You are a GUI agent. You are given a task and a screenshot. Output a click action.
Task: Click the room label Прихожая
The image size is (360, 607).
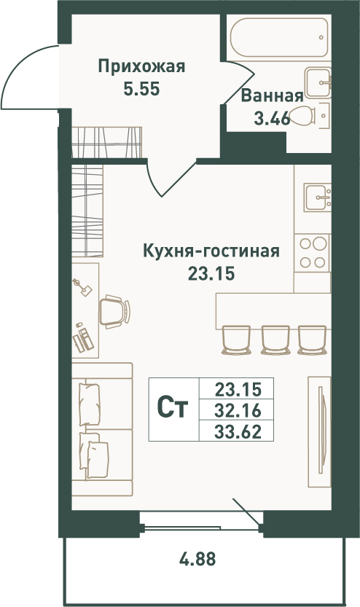pos(141,67)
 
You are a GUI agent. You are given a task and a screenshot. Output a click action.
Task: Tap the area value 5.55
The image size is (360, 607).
pos(141,90)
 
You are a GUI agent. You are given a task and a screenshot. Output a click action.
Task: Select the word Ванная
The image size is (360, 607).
pos(272,95)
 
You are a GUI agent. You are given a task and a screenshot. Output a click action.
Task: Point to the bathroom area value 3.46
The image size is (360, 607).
pos(272,119)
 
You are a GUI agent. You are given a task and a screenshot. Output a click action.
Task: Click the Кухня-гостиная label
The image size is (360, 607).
pos(211,251)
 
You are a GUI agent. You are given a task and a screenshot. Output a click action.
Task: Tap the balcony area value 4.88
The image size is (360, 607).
pos(197,559)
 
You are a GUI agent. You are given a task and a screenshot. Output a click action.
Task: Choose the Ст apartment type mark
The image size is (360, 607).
pos(173,408)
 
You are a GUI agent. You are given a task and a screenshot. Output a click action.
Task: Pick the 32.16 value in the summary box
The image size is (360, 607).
pos(238,410)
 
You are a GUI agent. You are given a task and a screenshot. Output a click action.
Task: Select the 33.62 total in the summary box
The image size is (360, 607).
pos(238,431)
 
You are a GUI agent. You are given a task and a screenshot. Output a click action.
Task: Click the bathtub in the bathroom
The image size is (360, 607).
pos(278,38)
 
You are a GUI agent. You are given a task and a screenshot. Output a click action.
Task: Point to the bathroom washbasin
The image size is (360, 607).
pos(318,82)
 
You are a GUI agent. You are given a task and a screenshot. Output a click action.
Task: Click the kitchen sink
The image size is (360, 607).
pos(317,197)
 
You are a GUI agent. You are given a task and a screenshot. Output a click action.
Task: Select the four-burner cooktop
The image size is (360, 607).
pos(313,252)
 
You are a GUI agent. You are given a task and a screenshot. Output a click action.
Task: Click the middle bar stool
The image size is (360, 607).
pos(275,340)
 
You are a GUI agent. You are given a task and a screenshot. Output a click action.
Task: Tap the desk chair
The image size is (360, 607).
pos(114,311)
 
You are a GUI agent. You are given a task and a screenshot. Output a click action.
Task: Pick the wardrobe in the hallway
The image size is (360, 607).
pos(107,142)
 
